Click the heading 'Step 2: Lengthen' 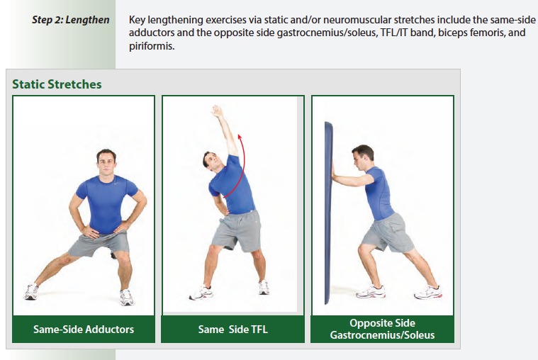click(x=71, y=20)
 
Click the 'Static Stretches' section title click(x=57, y=84)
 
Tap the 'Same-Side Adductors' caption click(x=84, y=330)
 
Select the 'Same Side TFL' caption click(x=232, y=330)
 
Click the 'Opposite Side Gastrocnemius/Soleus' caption click(x=382, y=329)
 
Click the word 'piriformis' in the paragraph click(x=152, y=46)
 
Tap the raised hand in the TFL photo click(x=217, y=112)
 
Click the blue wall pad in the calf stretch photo click(x=330, y=213)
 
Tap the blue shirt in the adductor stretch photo click(x=106, y=202)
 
